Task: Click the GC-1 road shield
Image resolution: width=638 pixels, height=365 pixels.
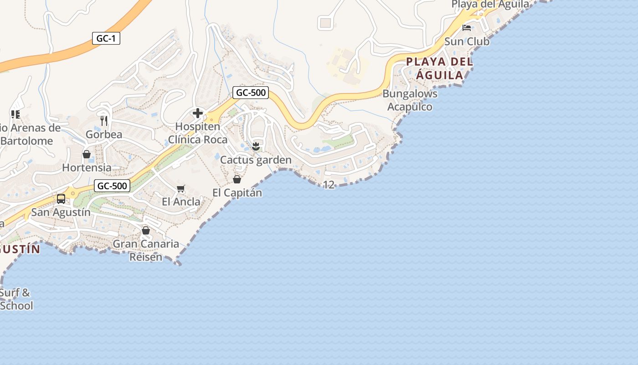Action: pos(106,38)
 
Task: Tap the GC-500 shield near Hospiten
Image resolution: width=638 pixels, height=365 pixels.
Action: pos(250,93)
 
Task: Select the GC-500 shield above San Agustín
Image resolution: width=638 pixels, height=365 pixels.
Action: pos(112,186)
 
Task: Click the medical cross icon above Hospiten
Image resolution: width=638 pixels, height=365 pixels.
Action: pos(198,113)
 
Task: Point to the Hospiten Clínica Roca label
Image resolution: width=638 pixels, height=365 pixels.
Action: pos(198,133)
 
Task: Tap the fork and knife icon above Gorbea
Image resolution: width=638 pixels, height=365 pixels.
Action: pos(104,121)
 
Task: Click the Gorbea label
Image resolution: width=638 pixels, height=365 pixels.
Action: pos(104,135)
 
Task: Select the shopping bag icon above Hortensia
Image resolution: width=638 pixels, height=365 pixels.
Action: pos(87,154)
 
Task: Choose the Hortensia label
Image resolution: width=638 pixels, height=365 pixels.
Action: pos(87,167)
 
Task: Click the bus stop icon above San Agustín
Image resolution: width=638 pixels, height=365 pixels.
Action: pos(61,199)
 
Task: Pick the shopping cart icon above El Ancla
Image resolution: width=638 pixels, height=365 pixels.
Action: pos(181,188)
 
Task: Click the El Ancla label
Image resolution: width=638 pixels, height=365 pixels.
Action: pos(181,202)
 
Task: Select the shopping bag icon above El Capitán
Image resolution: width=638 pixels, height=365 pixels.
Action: pos(237,179)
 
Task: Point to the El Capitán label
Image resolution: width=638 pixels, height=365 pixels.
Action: pos(237,193)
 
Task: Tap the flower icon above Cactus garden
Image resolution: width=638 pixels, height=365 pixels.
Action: pos(256,146)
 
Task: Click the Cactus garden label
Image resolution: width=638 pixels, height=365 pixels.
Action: pos(256,160)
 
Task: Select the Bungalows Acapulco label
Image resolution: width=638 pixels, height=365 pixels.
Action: pos(410,100)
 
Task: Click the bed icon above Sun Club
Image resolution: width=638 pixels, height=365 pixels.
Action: pos(467,28)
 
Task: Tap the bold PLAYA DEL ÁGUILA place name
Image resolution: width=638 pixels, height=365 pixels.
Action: pos(439,68)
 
